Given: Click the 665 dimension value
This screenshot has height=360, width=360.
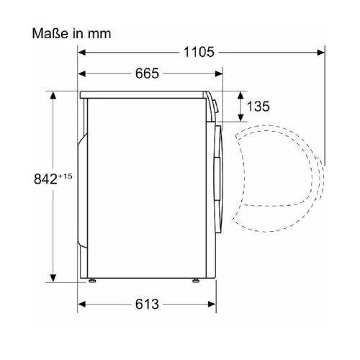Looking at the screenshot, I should click(x=146, y=73).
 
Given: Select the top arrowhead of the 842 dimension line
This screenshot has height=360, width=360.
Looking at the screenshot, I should click(x=52, y=96).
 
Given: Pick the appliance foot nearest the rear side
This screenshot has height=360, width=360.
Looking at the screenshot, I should click(x=91, y=280).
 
